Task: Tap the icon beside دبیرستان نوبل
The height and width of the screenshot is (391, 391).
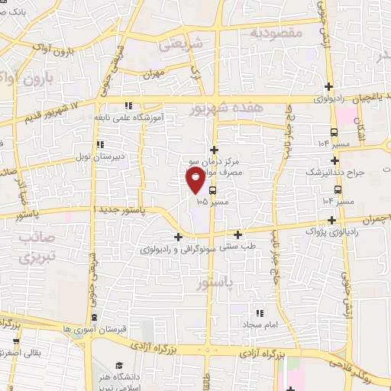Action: coord(100,144)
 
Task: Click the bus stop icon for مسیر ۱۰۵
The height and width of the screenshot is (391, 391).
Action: coord(212,191)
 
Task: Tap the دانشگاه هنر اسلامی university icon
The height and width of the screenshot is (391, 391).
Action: coord(121,366)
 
